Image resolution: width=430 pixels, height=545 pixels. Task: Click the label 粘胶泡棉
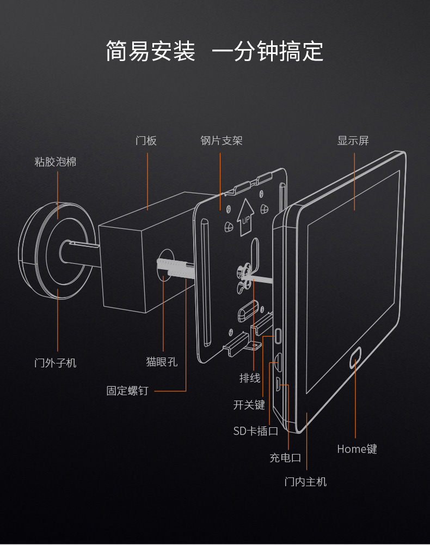pos(56,162)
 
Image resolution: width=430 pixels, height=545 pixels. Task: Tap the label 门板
pos(146,141)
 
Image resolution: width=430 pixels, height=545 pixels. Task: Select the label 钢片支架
pos(221,141)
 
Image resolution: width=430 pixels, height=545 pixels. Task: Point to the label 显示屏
pos(353,141)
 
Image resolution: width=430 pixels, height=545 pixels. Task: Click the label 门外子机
pos(56,362)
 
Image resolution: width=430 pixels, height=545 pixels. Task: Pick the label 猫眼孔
pos(162,361)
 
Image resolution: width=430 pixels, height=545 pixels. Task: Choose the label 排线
pos(250,378)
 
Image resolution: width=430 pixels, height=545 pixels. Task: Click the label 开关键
pos(249,405)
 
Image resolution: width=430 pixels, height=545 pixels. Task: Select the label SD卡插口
pos(256,431)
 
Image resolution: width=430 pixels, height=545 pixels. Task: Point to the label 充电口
pos(285,458)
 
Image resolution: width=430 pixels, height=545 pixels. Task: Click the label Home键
pos(357,449)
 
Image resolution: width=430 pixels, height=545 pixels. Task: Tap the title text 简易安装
pos(150,51)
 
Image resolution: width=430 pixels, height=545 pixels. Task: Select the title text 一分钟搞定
pos(267,51)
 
